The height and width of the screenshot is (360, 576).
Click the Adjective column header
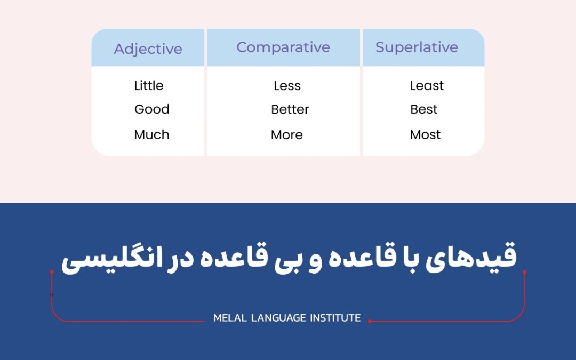(148, 49)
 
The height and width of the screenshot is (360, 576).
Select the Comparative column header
(283, 47)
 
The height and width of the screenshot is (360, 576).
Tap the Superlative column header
(417, 47)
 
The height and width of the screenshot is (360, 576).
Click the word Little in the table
(149, 85)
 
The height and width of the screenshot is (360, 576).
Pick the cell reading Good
(151, 109)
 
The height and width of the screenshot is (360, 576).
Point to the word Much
(151, 135)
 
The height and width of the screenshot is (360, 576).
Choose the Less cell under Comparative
(287, 85)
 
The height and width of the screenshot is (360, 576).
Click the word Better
(290, 109)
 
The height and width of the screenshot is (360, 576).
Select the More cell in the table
(287, 135)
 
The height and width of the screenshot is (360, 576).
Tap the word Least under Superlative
(427, 85)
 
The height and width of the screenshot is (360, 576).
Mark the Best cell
(424, 109)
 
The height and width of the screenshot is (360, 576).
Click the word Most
(425, 135)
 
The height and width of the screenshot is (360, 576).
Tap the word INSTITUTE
(335, 318)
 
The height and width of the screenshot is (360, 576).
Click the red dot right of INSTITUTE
(370, 321)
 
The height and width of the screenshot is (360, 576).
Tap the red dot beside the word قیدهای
(525, 272)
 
